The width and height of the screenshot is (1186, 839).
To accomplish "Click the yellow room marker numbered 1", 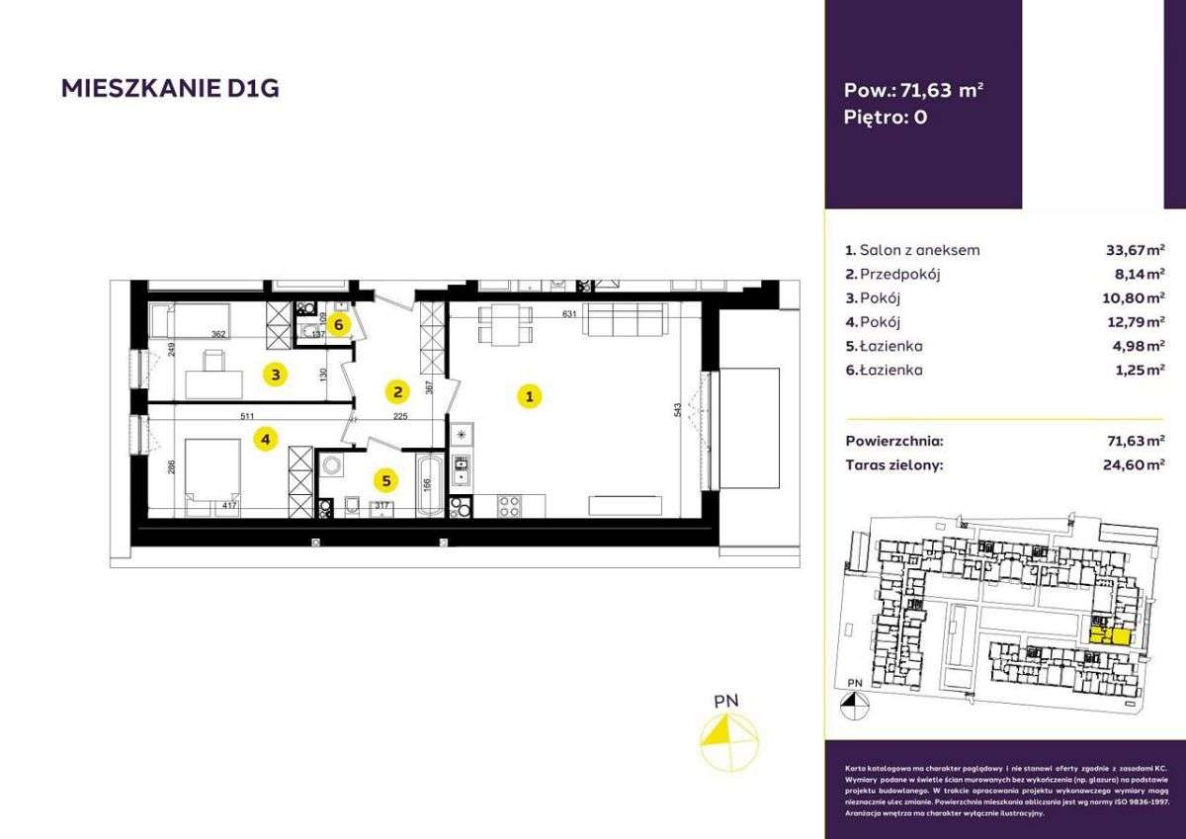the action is (x=530, y=397).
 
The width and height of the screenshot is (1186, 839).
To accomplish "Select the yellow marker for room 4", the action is (x=263, y=439).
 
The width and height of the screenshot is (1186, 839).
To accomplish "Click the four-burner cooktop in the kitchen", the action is (x=508, y=506).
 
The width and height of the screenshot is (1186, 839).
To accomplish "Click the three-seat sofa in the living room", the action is (x=623, y=322).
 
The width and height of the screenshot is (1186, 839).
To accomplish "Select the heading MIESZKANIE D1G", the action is (x=169, y=89).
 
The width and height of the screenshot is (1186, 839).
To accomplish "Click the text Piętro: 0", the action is (x=887, y=116).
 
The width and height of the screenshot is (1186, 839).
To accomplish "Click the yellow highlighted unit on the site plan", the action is (x=1112, y=633).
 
